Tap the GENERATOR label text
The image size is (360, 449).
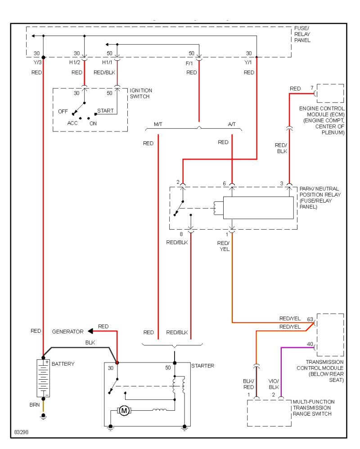[67, 331]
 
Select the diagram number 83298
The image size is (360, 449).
[21, 432]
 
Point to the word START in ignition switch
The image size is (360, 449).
[105, 110]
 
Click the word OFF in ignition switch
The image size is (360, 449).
[63, 111]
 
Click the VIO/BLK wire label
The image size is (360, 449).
[274, 384]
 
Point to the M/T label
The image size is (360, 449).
[159, 124]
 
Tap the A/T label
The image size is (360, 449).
[232, 124]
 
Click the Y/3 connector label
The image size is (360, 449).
[36, 63]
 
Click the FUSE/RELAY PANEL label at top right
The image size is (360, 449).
[302, 34]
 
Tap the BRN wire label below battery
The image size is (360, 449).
[35, 405]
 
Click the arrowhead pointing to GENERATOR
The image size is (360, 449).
[90, 331]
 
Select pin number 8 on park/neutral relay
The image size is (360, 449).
[181, 234]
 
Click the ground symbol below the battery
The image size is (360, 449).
[44, 417]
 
